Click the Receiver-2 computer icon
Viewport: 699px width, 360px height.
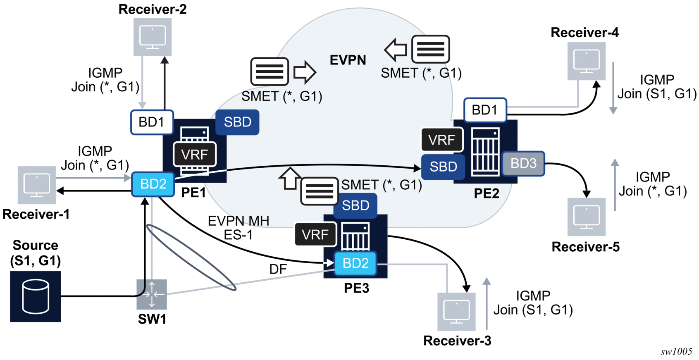pos(153,37)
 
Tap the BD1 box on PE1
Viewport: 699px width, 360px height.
pos(152,122)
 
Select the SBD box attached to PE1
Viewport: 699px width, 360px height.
pos(238,122)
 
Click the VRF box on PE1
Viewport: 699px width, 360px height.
pos(195,155)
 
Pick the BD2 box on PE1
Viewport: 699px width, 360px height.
pos(153,184)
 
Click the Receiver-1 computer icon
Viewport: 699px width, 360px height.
pos(37,185)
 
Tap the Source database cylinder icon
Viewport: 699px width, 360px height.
pos(36,296)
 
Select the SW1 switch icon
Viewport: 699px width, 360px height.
pos(152,294)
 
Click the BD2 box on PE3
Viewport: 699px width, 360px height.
pos(355,263)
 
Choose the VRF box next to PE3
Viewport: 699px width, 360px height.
pos(315,235)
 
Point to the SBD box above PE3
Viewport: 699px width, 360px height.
pos(355,205)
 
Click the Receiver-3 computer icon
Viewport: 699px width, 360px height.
pos(456,311)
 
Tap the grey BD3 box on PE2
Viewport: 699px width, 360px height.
pos(523,164)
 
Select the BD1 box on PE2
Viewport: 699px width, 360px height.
pos(485,110)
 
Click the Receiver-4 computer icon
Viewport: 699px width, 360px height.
pos(586,61)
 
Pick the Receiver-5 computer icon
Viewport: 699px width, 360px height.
pos(586,217)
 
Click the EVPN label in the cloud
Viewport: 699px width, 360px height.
pos(348,60)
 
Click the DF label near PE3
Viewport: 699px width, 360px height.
pos(278,269)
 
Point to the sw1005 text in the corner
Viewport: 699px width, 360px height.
pos(676,352)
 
